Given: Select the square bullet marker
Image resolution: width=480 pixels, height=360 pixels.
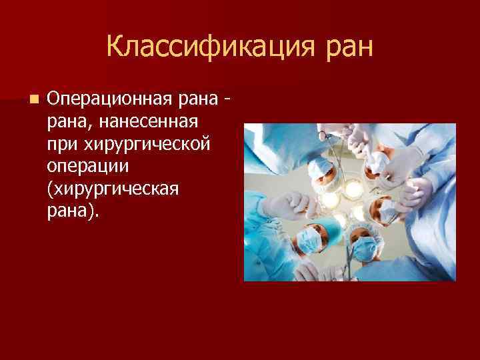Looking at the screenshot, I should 33,99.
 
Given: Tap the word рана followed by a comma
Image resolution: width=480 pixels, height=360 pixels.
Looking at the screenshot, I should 67,123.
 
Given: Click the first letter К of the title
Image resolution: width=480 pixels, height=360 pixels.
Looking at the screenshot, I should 113,48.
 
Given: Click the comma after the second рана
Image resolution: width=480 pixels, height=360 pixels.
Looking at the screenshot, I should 87,127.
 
